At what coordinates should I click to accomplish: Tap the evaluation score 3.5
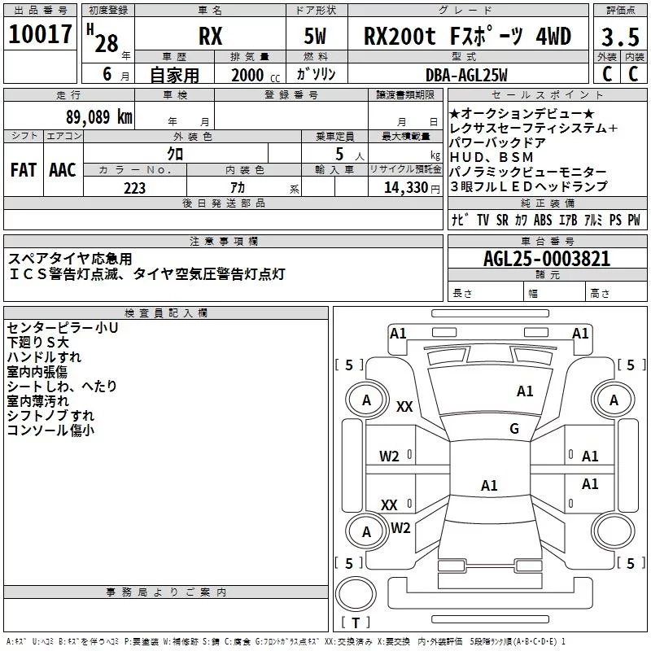click(x=620, y=37)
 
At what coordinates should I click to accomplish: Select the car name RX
click(x=211, y=37)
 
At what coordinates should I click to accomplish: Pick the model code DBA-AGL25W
click(x=464, y=75)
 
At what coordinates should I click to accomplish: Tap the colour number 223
click(x=134, y=188)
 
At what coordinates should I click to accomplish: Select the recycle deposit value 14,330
click(x=408, y=188)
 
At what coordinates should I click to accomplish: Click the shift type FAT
click(x=23, y=170)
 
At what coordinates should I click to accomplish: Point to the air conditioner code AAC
click(x=62, y=170)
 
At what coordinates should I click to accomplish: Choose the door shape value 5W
click(x=317, y=37)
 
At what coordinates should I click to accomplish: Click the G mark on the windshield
click(x=513, y=429)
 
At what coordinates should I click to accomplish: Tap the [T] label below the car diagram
click(x=356, y=623)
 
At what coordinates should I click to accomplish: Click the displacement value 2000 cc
click(x=248, y=75)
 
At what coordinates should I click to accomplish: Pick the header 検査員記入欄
click(x=166, y=313)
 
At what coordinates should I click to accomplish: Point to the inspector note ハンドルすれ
click(x=44, y=357)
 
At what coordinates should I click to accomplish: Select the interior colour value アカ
click(x=238, y=188)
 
